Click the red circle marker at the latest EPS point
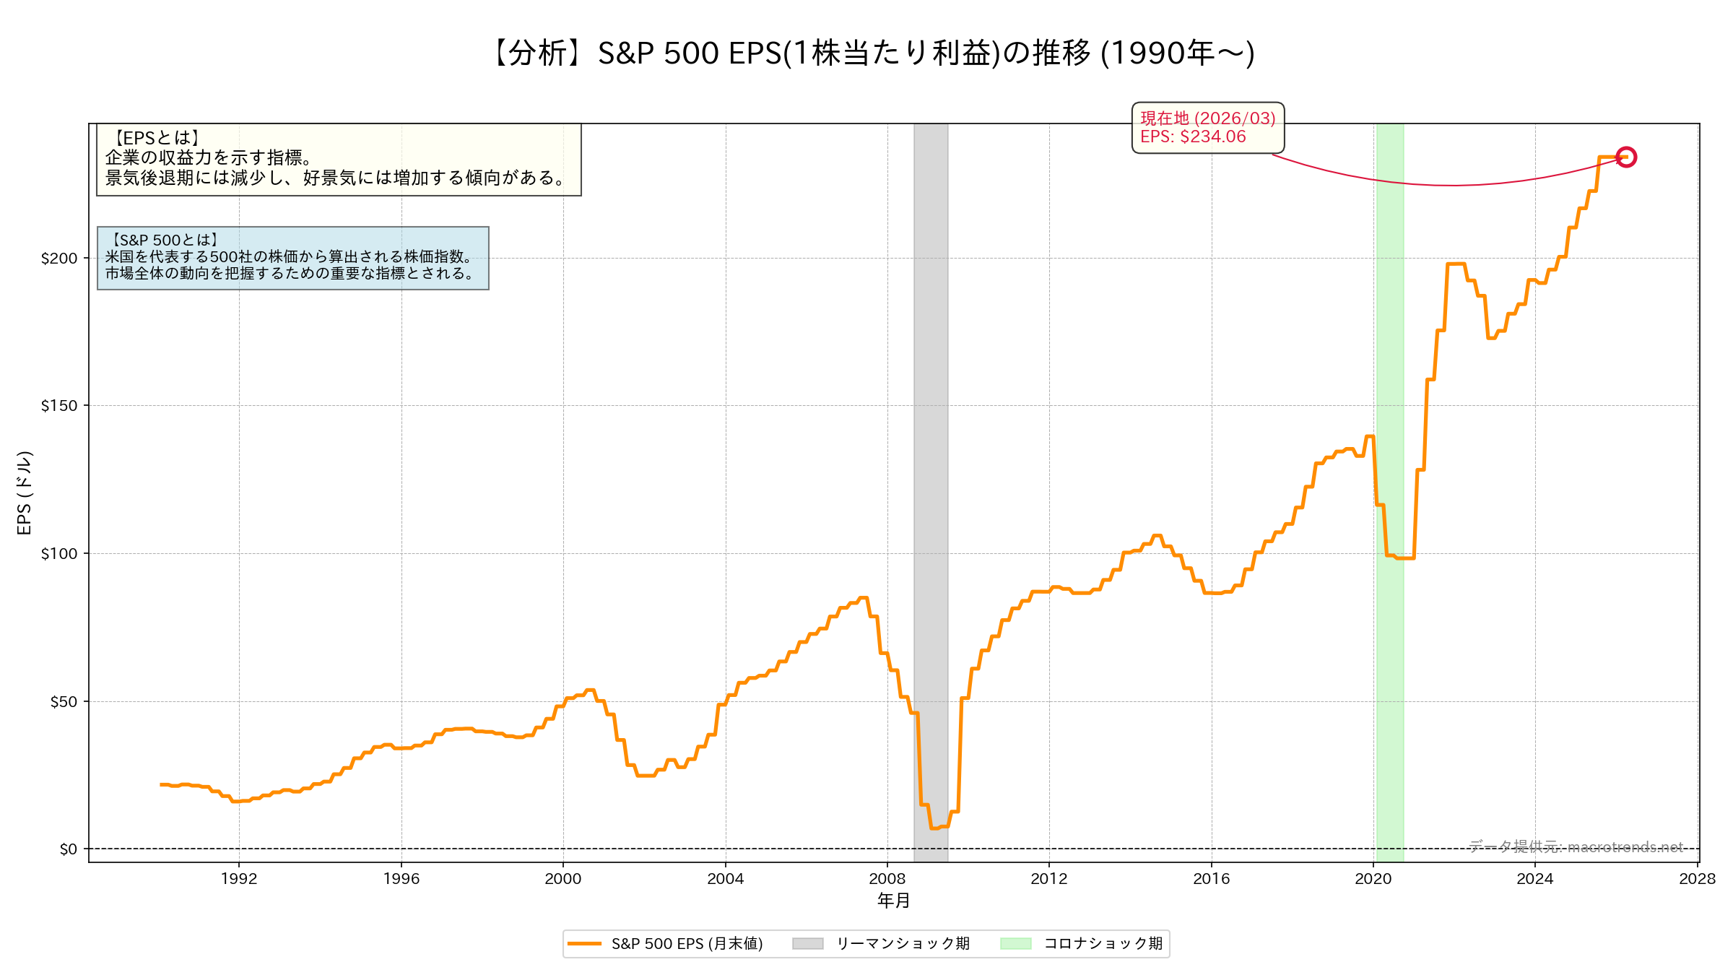1626,157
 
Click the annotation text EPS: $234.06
1193,136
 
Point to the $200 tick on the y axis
58,258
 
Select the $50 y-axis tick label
63,701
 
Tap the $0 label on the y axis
68,849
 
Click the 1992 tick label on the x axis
239,878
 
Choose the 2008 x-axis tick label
887,878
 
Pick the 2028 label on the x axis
1697,878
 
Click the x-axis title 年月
893,901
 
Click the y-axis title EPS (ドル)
24,493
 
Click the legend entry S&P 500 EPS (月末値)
686,943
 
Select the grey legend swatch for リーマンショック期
807,943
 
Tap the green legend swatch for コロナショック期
1015,943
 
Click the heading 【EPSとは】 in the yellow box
157,138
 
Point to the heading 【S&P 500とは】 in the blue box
165,240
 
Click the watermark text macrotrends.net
1625,846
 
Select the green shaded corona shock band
1390,325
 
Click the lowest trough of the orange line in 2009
935,828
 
